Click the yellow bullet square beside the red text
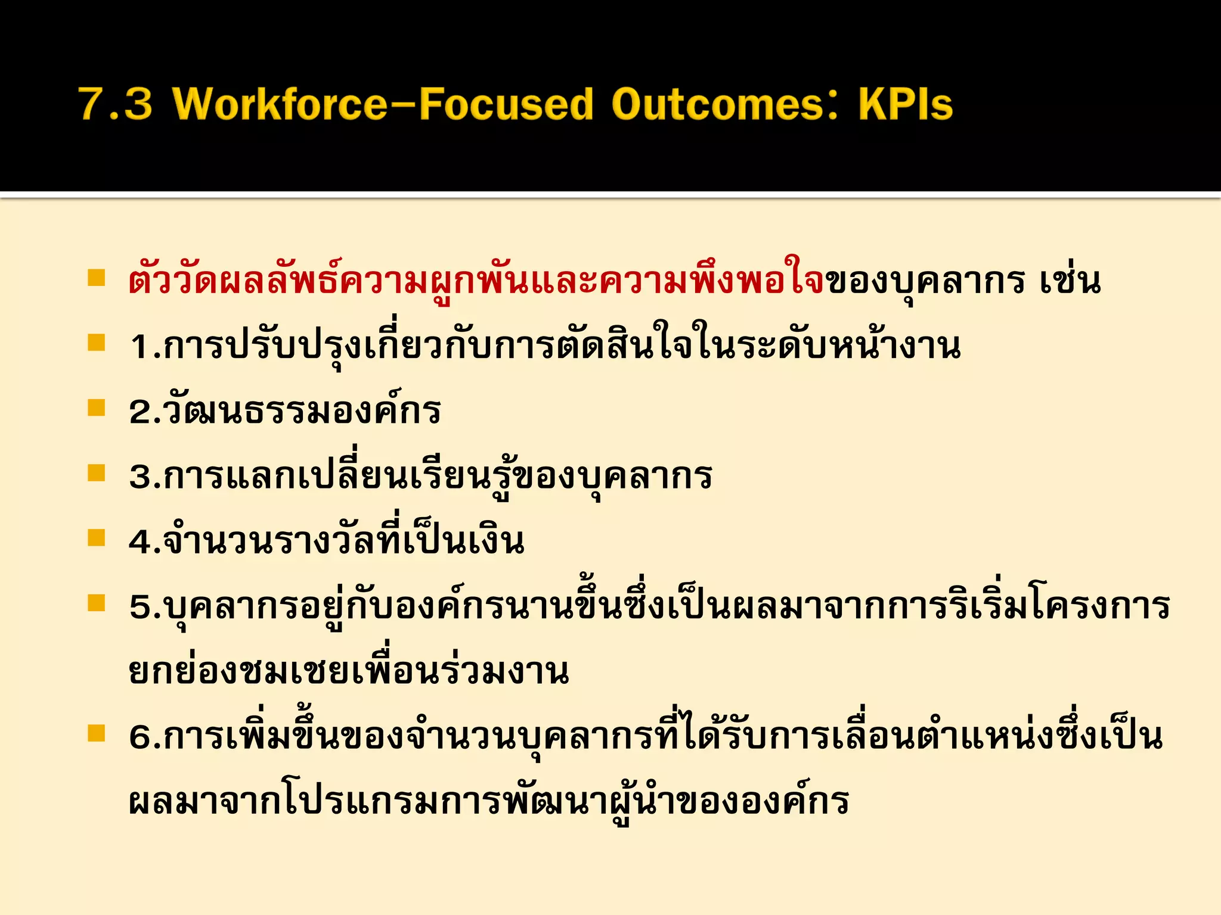click(96, 278)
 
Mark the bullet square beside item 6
click(96, 733)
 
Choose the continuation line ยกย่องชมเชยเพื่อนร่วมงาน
click(349, 672)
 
